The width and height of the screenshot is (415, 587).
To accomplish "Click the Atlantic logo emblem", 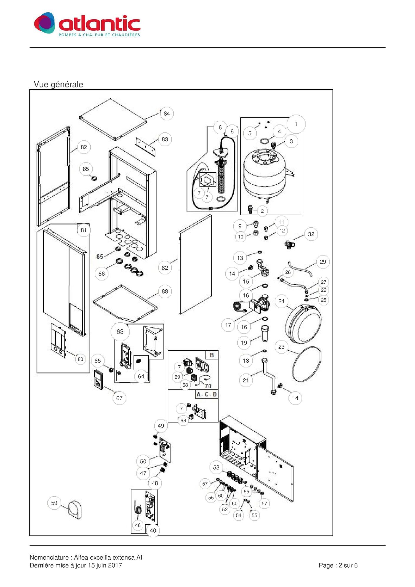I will click(x=44, y=23).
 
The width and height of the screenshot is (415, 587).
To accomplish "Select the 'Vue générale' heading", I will click(x=58, y=84).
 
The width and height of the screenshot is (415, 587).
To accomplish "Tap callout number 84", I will click(x=167, y=114).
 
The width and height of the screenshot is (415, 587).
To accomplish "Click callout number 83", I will click(x=165, y=139).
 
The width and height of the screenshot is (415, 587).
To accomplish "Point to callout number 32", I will click(x=311, y=234).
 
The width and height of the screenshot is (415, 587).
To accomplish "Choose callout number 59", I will click(x=54, y=503).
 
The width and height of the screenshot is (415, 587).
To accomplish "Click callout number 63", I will click(x=120, y=332).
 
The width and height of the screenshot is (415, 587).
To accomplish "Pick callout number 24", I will click(x=281, y=301).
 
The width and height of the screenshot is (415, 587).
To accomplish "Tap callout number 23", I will click(x=281, y=347).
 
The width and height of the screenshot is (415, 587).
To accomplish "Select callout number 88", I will click(x=165, y=291).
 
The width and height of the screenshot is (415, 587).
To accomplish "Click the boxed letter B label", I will click(x=212, y=355).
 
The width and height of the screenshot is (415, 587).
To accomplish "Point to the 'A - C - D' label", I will click(x=207, y=394).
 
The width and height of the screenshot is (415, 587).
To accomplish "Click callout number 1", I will click(x=296, y=124).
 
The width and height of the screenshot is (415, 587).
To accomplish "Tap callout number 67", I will click(x=119, y=398).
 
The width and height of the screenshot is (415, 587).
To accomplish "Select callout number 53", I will click(x=216, y=467).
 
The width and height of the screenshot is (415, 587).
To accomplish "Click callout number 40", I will click(x=153, y=530).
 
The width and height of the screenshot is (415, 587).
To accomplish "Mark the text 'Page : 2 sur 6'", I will click(x=338, y=565).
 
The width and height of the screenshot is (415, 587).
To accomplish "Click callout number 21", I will click(x=246, y=380).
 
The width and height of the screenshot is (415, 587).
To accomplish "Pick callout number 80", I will click(x=80, y=359).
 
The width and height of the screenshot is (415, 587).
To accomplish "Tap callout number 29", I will click(x=323, y=262).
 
